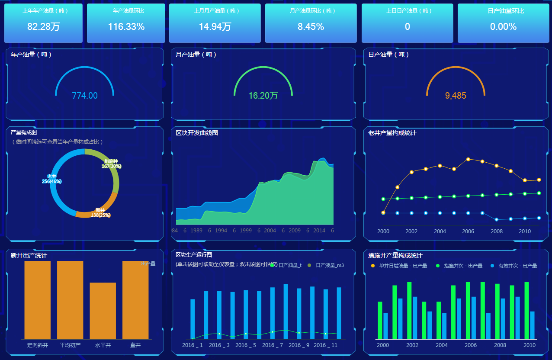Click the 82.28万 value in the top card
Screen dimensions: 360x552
point(43,27)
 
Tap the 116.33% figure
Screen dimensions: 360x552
point(126,27)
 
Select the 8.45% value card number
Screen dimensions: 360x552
point(311,27)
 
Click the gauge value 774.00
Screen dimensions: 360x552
point(85,96)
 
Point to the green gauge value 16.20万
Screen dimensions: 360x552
point(263,96)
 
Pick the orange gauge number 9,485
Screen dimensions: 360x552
point(456,96)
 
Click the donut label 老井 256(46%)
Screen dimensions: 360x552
point(52,179)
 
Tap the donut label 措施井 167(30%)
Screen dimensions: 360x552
point(111,164)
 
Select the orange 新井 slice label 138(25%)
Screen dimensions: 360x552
point(100,212)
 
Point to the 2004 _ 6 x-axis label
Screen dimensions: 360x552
point(274,231)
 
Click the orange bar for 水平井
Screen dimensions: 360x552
point(103,311)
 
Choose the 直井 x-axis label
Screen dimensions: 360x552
point(135,345)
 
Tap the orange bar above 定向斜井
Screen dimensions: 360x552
point(38,300)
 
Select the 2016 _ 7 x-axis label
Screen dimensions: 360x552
point(273,345)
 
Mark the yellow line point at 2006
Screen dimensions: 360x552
point(468,159)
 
